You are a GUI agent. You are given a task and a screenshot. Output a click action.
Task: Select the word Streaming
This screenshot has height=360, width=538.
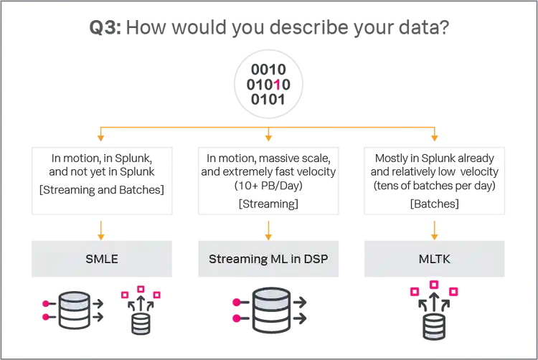233,258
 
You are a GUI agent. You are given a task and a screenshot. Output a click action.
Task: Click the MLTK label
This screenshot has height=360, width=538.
435,258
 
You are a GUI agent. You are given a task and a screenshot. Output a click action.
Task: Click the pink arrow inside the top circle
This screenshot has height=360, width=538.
275,85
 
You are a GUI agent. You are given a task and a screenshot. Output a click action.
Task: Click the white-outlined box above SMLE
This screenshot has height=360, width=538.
100,179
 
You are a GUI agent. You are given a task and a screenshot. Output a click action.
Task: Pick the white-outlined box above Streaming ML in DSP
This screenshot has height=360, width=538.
268,179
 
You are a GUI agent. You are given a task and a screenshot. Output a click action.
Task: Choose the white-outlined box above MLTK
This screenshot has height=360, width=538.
435,179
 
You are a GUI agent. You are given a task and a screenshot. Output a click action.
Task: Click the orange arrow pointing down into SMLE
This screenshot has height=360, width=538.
100,227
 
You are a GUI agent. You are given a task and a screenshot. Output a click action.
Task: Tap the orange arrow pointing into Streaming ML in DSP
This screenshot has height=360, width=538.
268,227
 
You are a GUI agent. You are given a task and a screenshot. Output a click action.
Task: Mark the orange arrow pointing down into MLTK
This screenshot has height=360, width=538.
435,227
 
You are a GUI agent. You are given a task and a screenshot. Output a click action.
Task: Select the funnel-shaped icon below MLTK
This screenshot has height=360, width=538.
435,316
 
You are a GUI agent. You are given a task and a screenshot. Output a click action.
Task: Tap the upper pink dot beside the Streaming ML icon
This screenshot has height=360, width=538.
234,302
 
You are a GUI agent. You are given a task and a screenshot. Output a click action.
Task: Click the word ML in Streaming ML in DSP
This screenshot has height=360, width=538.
277,258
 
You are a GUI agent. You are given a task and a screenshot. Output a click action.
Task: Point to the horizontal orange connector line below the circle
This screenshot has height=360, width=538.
269,123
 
